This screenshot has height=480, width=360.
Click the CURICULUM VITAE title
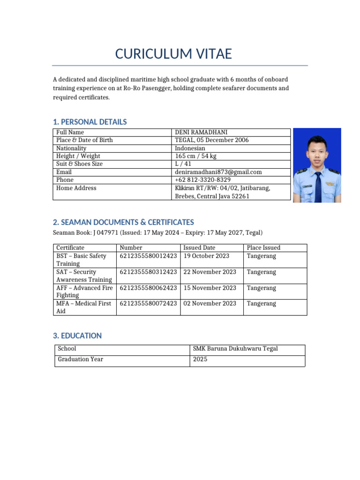tap(173, 54)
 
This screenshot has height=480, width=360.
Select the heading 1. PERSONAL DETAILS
tap(90, 122)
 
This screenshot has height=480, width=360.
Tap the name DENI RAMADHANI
tap(202, 133)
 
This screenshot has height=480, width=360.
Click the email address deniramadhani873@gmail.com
tap(218, 172)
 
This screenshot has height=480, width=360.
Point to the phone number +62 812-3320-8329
tap(202, 180)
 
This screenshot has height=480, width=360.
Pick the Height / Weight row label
tap(78, 156)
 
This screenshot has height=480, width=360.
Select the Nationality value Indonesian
tap(190, 148)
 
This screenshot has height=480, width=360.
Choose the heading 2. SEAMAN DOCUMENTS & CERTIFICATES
tap(123, 222)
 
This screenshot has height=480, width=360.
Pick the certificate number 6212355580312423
tap(148, 272)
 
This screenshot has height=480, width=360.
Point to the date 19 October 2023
tap(206, 256)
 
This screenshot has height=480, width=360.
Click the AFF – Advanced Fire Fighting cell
tap(84, 292)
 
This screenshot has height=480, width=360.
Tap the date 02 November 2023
tap(210, 303)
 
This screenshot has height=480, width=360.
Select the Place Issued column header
tap(263, 247)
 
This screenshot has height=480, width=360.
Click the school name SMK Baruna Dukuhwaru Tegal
tap(235, 349)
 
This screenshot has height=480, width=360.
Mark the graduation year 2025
tap(200, 360)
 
